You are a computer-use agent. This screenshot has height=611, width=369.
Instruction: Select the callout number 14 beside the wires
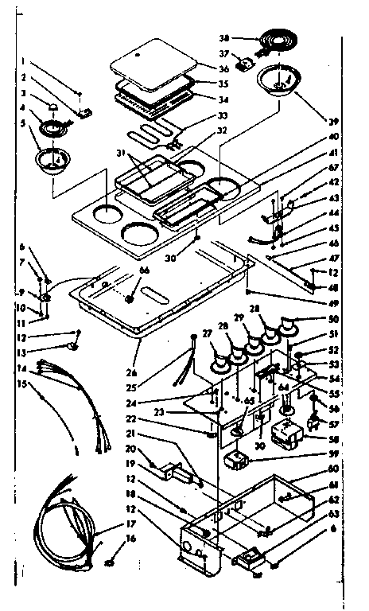point(21,369)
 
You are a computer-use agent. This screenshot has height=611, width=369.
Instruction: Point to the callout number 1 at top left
point(25,61)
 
